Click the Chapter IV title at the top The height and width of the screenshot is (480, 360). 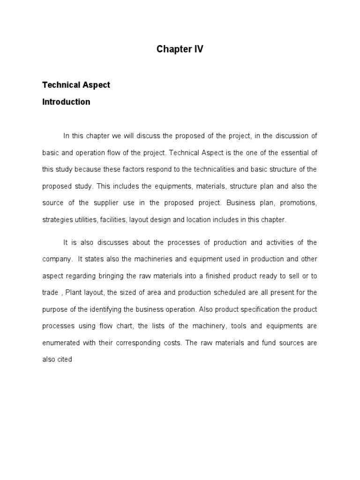tap(180, 49)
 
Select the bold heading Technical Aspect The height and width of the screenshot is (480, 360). tap(76, 85)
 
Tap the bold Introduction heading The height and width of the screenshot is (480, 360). tap(66, 102)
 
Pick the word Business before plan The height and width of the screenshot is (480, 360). tap(241, 203)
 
